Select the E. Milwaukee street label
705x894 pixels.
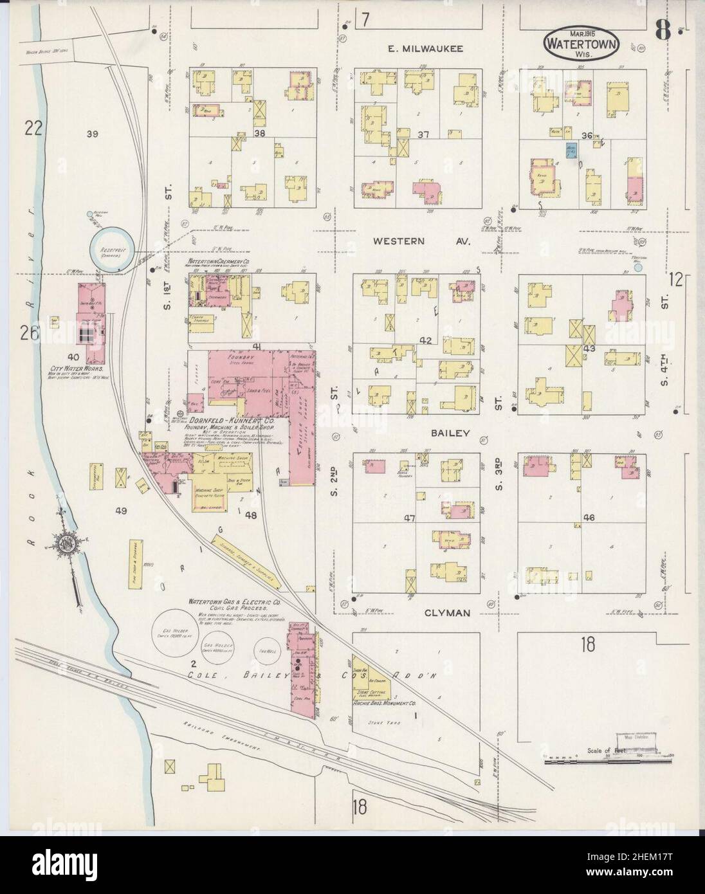click(421, 48)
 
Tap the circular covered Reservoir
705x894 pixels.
click(113, 249)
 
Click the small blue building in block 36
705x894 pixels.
click(570, 150)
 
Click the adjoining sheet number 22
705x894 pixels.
click(33, 129)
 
